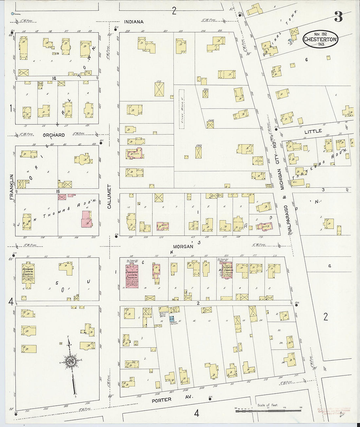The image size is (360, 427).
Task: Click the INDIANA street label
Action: (134, 22)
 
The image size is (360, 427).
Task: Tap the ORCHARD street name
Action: (54, 135)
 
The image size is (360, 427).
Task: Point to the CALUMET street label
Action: (109, 197)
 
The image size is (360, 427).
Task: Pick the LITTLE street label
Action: (313, 131)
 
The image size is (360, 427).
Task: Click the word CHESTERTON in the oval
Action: (320, 39)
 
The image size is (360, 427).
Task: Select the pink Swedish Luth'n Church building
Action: (132, 276)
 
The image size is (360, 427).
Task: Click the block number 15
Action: (58, 191)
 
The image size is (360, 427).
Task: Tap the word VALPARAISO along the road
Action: (289, 214)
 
